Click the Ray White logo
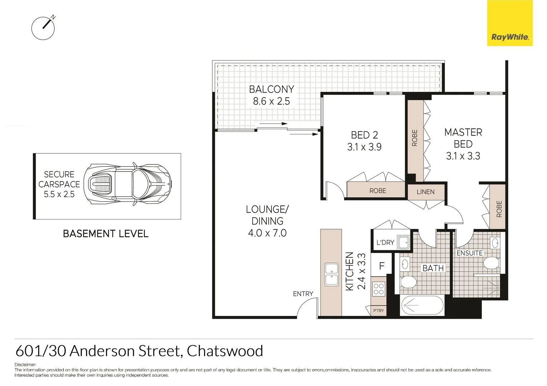[x=510, y=23]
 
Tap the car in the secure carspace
[x=127, y=185]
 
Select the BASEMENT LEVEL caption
[x=106, y=234]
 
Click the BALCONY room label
[x=271, y=89]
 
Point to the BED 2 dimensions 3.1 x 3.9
[x=364, y=147]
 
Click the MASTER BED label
[x=463, y=138]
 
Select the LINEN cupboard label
[x=425, y=192]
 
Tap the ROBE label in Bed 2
[x=378, y=191]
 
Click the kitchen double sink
[x=331, y=274]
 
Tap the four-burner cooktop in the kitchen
[x=378, y=289]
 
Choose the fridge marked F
[x=382, y=266]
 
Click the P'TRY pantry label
[x=378, y=311]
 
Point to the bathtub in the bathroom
[x=422, y=306]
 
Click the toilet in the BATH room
[x=408, y=282]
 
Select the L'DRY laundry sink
[x=404, y=242]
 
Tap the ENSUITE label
[x=469, y=253]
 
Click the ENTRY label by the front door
[x=303, y=294]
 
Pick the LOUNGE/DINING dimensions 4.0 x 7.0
[x=267, y=233]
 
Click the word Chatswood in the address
[x=225, y=351]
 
